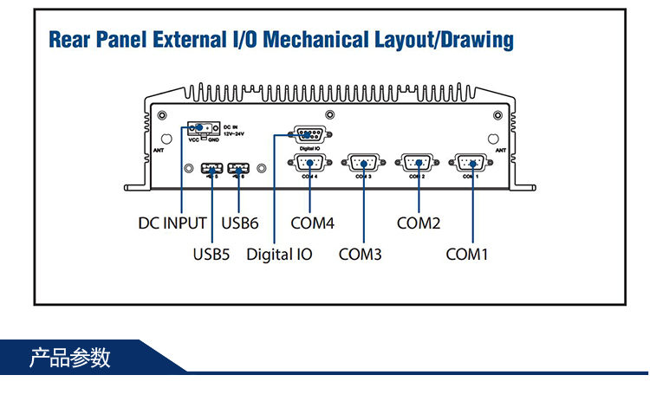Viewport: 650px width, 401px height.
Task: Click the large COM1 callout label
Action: click(x=468, y=255)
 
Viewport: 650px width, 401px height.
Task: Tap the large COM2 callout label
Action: click(x=419, y=223)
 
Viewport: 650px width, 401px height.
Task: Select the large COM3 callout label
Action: click(x=361, y=255)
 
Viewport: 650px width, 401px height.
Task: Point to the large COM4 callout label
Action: click(x=312, y=223)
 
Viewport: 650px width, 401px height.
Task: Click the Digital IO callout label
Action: click(x=279, y=255)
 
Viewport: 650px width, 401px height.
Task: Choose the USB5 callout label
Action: click(x=211, y=255)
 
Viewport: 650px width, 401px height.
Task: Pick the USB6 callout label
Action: click(x=240, y=223)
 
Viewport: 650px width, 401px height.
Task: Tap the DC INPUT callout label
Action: click(x=172, y=223)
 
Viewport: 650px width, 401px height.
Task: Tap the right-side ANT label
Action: click(x=500, y=150)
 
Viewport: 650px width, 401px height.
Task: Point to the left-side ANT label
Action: click(x=159, y=150)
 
